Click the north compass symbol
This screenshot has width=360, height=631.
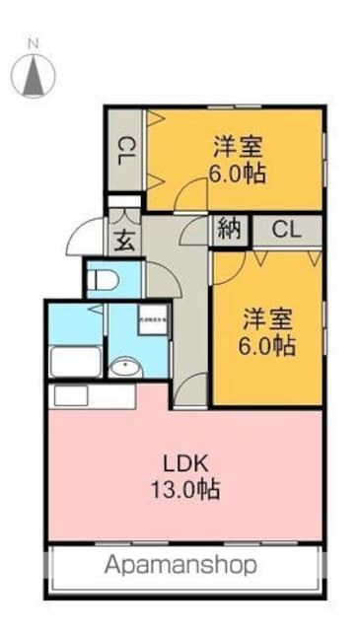[x=34, y=75]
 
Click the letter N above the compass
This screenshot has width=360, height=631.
[x=34, y=43]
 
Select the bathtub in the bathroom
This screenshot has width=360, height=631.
[x=75, y=362]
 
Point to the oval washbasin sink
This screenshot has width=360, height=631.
[x=125, y=369]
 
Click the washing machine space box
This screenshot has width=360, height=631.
[x=153, y=321]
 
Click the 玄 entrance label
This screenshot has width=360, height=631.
[x=124, y=239]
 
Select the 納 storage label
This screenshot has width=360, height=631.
[x=230, y=231]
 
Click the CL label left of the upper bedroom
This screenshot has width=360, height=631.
[x=125, y=154]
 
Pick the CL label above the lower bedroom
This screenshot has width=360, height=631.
[x=286, y=231]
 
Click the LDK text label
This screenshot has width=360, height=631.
[x=186, y=463]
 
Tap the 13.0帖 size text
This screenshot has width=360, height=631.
[x=186, y=489]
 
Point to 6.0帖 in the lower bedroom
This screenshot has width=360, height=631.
[x=269, y=346]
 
